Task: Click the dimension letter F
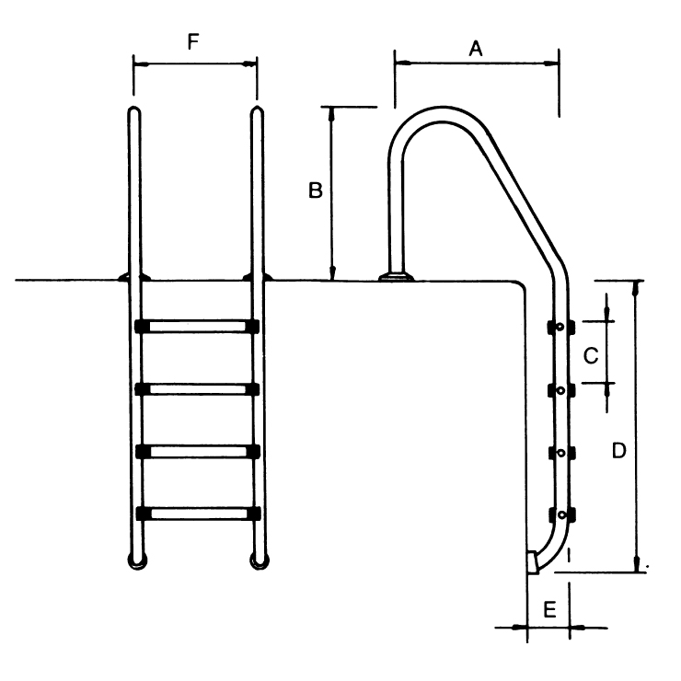192,42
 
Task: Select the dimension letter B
315,191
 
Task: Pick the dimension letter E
549,609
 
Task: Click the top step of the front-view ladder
196,326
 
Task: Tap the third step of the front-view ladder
196,451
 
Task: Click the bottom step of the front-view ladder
196,513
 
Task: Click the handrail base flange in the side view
397,275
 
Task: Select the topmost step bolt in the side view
559,327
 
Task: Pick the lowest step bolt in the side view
559,514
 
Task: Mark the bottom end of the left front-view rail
135,560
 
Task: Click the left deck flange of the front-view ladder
134,276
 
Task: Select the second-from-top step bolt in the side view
559,390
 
